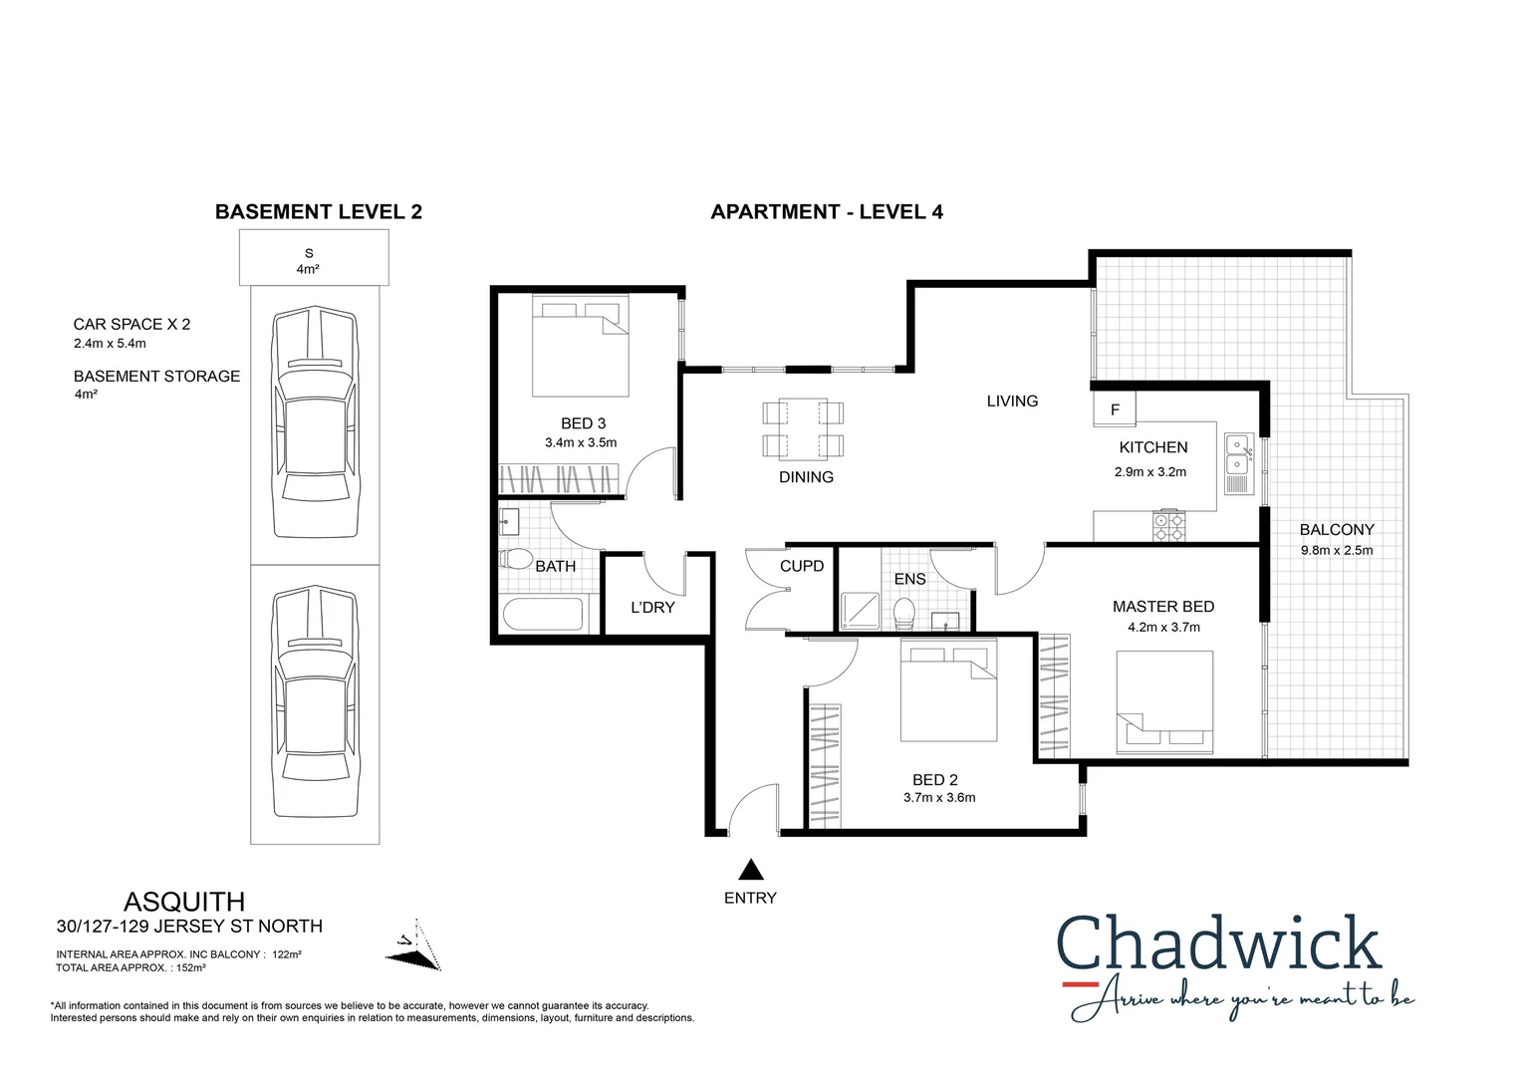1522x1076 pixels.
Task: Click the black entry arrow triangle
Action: (751, 870)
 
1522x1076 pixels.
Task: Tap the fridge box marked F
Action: (1115, 409)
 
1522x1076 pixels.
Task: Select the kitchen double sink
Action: (1239, 454)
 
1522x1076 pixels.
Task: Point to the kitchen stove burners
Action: (1168, 527)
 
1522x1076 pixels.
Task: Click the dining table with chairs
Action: (803, 429)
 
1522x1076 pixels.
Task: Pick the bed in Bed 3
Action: (580, 347)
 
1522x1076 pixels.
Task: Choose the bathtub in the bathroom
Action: (543, 614)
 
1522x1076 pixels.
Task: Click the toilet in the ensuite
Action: (904, 613)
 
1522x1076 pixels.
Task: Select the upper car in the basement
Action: (315, 421)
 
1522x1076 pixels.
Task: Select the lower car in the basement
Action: (315, 701)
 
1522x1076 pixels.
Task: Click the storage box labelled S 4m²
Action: (313, 259)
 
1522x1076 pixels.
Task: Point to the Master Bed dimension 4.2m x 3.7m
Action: (1163, 628)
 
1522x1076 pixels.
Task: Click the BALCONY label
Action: (1336, 530)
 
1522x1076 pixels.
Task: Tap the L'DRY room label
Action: (652, 608)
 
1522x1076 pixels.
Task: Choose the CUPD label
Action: (802, 566)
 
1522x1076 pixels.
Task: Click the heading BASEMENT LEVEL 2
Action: (319, 212)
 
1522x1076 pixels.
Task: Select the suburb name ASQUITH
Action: (184, 902)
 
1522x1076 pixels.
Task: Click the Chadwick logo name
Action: (1218, 943)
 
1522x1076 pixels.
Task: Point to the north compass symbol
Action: (414, 946)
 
